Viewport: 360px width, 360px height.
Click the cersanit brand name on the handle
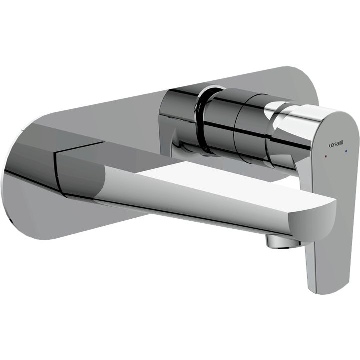pyautogui.click(x=336, y=145)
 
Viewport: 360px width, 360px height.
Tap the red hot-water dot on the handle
pyautogui.click(x=326, y=156)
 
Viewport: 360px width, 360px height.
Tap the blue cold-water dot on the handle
pyautogui.click(x=346, y=151)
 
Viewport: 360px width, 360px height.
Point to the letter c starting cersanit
pyautogui.click(x=330, y=146)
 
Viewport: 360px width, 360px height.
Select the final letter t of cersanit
pyautogui.click(x=343, y=144)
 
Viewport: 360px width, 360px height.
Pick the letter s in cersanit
pyautogui.click(x=335, y=145)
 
